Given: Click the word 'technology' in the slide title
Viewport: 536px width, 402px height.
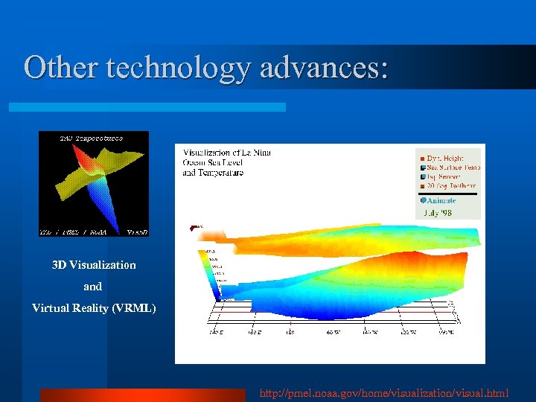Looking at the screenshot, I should pyautogui.click(x=180, y=68).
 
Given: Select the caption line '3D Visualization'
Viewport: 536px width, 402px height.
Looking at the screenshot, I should pyautogui.click(x=94, y=265).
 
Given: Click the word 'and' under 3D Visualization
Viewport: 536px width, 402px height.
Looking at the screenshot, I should pyautogui.click(x=93, y=287).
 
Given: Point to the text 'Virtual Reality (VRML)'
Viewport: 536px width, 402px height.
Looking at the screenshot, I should pyautogui.click(x=94, y=308).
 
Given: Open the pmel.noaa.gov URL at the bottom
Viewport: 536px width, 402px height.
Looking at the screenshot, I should pyautogui.click(x=384, y=392).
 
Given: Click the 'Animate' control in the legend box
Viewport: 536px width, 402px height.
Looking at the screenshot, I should pyautogui.click(x=441, y=200).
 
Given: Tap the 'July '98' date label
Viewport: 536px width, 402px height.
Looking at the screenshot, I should pyautogui.click(x=438, y=212).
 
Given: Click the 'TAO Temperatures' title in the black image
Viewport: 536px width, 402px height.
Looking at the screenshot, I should pyautogui.click(x=92, y=138).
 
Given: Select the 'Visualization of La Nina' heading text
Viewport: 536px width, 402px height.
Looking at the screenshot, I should pyautogui.click(x=227, y=153).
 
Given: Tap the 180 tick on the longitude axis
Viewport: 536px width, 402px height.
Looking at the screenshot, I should pyautogui.click(x=290, y=331).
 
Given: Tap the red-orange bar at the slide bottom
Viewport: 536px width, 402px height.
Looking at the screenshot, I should pyautogui.click(x=141, y=395).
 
